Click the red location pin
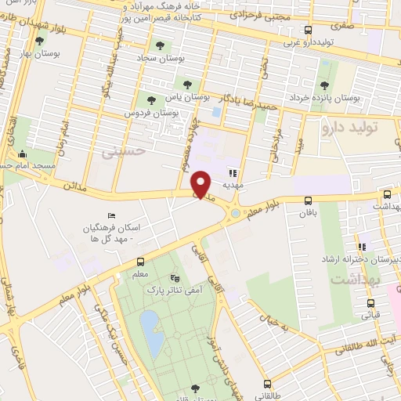click(202, 184)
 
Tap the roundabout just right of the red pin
click(235, 211)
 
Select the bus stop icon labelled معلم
click(140, 262)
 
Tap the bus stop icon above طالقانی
click(268, 384)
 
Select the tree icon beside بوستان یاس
click(186, 85)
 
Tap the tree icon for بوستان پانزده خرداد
click(324, 86)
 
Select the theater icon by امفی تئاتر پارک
click(175, 278)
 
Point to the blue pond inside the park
click(152, 331)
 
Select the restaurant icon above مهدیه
click(233, 173)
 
